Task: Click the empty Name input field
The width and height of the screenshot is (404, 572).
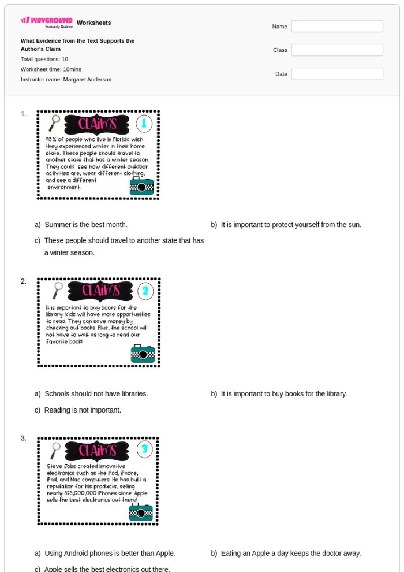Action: coord(337,27)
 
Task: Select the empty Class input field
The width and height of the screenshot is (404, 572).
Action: coord(337,50)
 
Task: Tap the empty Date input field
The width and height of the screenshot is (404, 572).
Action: coord(337,74)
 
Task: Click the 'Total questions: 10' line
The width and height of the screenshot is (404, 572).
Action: coord(44,59)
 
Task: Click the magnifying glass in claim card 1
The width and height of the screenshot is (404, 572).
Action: coord(55,122)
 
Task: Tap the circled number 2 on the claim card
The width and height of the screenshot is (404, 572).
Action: coord(145,290)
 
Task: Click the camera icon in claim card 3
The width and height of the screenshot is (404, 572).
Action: coord(142,512)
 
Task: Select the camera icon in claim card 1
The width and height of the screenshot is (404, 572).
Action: coord(142,186)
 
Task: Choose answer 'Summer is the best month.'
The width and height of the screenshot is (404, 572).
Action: coord(85,225)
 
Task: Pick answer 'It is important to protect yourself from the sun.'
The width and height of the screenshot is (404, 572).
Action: coord(291,225)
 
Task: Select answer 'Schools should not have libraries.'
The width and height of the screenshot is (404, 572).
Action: coord(96,394)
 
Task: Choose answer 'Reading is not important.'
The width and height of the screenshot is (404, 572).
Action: coord(83,410)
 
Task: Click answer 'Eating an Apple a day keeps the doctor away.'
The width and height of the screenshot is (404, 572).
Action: coord(290,554)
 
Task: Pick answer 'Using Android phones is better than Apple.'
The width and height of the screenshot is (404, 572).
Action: coord(110,554)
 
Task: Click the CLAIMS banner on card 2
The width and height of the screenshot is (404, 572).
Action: coord(100,291)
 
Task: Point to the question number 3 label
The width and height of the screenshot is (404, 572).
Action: coord(24,439)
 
